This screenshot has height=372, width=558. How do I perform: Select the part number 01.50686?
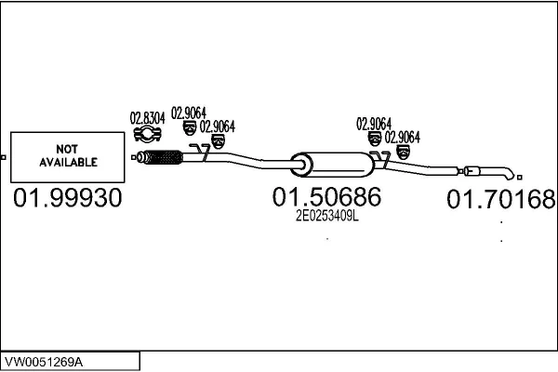tap(326, 197)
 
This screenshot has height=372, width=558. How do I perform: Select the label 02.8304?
tap(147, 118)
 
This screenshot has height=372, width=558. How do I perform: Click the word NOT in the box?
tap(67, 149)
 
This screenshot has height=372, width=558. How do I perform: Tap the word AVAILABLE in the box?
tap(67, 162)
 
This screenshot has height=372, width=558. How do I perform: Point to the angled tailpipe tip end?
tap(507, 175)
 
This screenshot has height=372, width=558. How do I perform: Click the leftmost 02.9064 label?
tap(189, 114)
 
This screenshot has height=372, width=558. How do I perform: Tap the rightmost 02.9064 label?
tap(403, 136)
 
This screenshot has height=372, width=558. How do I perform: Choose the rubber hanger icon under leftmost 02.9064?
tap(189, 128)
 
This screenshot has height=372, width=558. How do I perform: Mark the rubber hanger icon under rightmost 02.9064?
tap(403, 150)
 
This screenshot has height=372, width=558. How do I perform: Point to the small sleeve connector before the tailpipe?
tap(472, 170)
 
